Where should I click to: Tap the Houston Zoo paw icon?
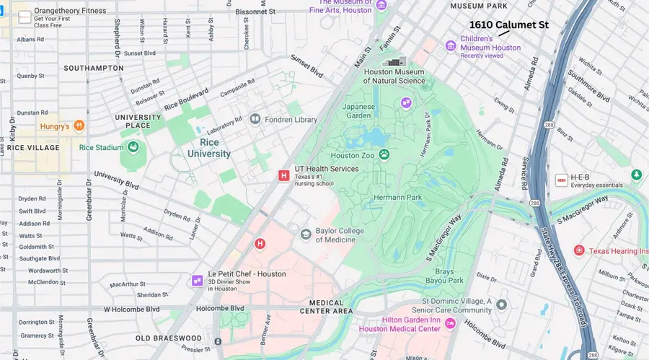[x=384, y=154]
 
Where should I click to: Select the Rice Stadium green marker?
[x=133, y=147]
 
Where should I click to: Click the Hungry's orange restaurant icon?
[x=79, y=126]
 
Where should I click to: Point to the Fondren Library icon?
[x=255, y=118]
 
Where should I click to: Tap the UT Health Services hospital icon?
[x=283, y=175]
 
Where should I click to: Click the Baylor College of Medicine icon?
[x=306, y=234]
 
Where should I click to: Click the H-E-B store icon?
[x=560, y=179]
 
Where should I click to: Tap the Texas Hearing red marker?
[x=579, y=250]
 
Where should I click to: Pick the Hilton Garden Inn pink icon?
[x=450, y=324]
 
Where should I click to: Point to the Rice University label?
[x=209, y=148]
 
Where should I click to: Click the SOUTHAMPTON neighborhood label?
[x=94, y=68]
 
